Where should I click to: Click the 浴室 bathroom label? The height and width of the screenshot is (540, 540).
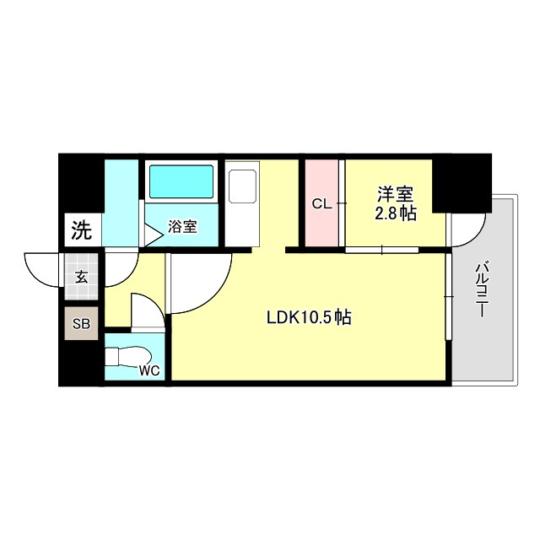[182, 226]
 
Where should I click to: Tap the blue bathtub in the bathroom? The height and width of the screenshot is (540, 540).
[181, 181]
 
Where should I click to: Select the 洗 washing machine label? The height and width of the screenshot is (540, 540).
[80, 229]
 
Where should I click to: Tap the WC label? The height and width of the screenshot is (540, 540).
[149, 368]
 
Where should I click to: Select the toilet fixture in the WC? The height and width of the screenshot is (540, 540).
[127, 358]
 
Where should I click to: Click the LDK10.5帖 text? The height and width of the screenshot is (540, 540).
[309, 318]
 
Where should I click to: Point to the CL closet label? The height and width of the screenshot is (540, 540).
[321, 203]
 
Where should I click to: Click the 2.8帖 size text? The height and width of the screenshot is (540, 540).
[395, 213]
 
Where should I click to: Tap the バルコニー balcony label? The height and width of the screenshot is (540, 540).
[482, 289]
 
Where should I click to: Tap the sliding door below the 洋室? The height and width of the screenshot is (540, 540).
[382, 249]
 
